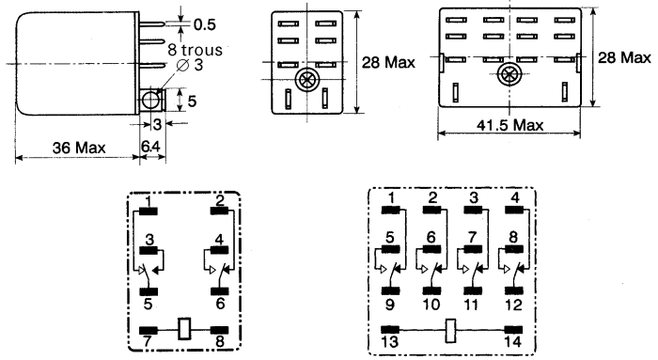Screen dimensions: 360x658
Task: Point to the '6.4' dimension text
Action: pyautogui.click(x=151, y=149)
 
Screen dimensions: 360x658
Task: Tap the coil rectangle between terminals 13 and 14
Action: pyautogui.click(x=450, y=330)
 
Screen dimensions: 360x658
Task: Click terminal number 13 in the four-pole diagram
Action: pyautogui.click(x=388, y=343)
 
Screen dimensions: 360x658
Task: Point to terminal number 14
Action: pyautogui.click(x=512, y=343)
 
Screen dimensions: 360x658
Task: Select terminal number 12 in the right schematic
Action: pyautogui.click(x=512, y=305)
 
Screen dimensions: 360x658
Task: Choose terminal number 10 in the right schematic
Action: pyautogui.click(x=431, y=305)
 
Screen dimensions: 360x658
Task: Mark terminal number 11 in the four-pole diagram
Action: pyautogui.click(x=472, y=305)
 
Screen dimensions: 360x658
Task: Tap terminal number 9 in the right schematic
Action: pyautogui.click(x=388, y=305)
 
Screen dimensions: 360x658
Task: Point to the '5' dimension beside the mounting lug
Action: pyautogui.click(x=192, y=100)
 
